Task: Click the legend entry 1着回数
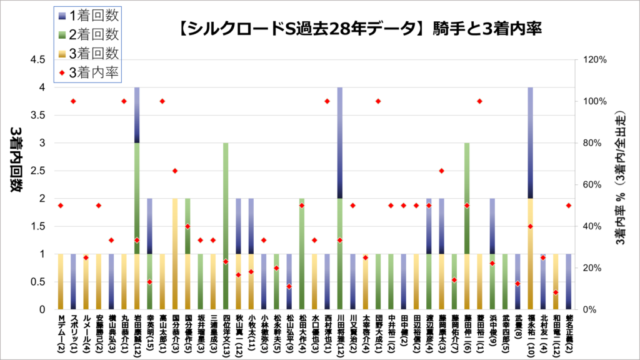click(x=91, y=15)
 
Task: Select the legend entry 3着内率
click(x=91, y=72)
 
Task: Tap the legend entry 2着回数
click(x=91, y=34)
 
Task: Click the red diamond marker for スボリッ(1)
click(x=73, y=101)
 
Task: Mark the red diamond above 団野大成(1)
click(x=378, y=101)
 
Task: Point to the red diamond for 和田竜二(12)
click(x=556, y=292)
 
